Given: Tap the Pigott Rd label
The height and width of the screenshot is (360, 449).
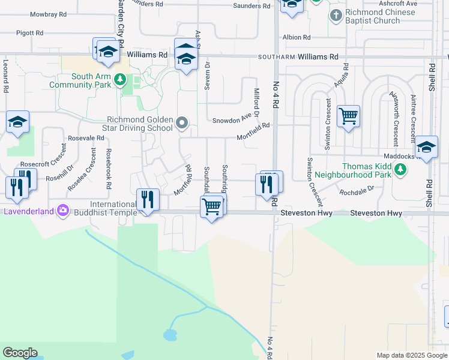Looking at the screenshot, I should point(30,33).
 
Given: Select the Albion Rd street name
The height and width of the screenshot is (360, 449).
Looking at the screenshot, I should point(297,37).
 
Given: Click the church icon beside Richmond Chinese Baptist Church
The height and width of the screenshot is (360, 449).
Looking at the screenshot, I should point(336,16).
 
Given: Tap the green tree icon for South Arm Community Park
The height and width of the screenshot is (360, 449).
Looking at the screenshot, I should point(120,79).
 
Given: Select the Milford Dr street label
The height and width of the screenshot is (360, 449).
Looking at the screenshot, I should point(256,103).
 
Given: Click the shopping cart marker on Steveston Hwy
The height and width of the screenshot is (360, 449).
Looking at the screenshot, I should point(211,207).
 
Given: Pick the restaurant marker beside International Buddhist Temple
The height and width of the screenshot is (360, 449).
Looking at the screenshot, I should point(148,199).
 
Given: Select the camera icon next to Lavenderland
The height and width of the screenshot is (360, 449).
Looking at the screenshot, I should point(63,211).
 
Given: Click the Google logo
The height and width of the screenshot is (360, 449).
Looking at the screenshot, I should point(20,353).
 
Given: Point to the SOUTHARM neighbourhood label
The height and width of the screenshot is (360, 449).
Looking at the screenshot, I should point(276,57).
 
